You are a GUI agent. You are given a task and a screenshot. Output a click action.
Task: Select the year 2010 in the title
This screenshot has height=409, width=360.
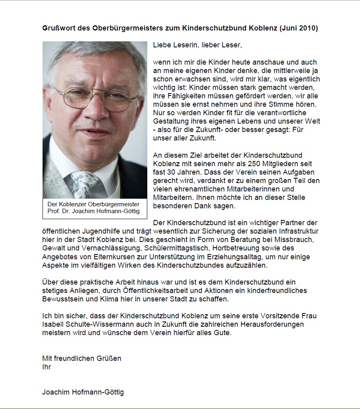[307, 28]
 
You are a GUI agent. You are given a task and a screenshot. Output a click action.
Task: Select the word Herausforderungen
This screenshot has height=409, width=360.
[266, 324]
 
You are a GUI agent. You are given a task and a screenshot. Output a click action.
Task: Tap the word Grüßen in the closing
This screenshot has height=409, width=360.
[109, 358]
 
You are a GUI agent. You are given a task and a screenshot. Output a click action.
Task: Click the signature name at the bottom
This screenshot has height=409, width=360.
[83, 392]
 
